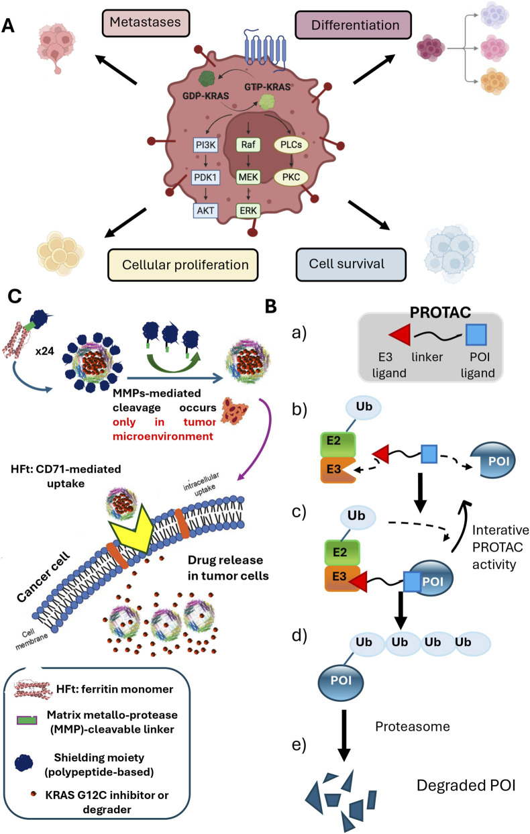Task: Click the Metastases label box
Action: pos(146,23)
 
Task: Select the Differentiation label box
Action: pos(353,25)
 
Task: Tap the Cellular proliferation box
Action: pos(182,265)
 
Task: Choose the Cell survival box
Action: pos(351,264)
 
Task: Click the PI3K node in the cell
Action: pos(205,145)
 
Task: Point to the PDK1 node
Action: pos(205,177)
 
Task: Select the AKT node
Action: pos(205,211)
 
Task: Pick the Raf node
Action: pos(248,145)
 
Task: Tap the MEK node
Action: pos(248,177)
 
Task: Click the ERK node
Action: pos(248,211)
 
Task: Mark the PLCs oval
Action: pos(291,144)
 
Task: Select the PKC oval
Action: pos(291,177)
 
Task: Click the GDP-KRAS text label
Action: pos(205,96)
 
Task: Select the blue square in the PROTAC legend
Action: pos(476,335)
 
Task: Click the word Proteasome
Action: pos(413,727)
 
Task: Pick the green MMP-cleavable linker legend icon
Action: pos(27,721)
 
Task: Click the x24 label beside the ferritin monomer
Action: pos(45,351)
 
